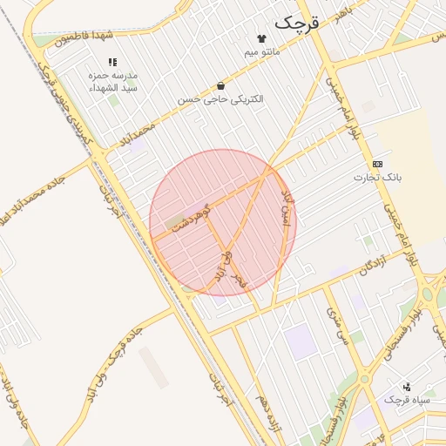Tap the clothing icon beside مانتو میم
click(261, 38)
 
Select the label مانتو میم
click(262, 52)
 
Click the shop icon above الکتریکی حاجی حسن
click(220, 86)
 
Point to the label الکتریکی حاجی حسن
click(220, 99)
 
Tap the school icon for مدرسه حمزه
click(111, 62)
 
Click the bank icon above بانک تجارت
click(377, 164)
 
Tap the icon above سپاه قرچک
click(406, 387)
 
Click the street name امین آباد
click(286, 213)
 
